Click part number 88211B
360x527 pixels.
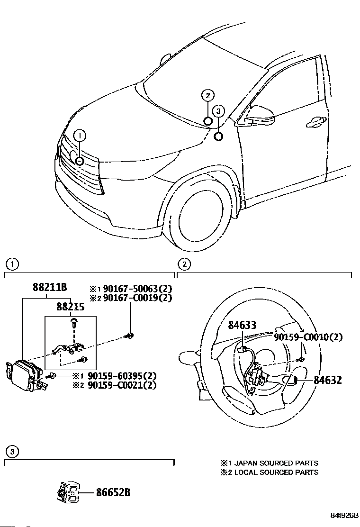tap(49, 287)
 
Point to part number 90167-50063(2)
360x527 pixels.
tap(136, 288)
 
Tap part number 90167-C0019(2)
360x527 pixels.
tap(136, 298)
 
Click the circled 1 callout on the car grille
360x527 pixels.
tap(80, 136)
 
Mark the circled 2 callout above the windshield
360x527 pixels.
tap(207, 96)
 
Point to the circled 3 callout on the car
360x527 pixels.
tap(218, 111)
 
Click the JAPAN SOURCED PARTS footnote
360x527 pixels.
tap(269, 463)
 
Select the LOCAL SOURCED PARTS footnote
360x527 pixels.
tap(269, 472)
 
